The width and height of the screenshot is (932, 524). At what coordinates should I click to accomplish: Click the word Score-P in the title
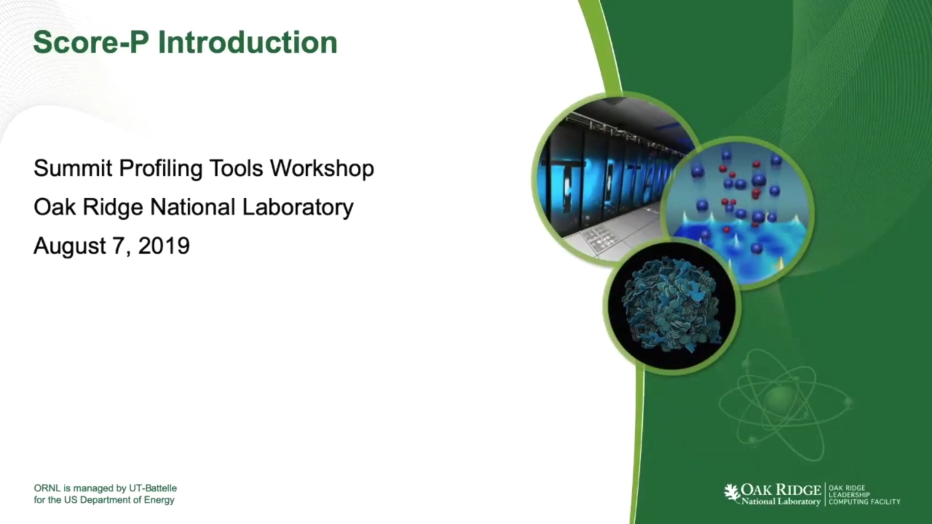click(91, 42)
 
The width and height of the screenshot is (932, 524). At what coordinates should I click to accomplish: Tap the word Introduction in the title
click(248, 42)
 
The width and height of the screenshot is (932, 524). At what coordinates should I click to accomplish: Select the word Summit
click(73, 168)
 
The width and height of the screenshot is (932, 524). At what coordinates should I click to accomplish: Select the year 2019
click(164, 246)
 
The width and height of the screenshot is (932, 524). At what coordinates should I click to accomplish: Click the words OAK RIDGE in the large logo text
click(781, 490)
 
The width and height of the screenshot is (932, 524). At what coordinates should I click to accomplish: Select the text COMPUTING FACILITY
click(864, 502)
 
